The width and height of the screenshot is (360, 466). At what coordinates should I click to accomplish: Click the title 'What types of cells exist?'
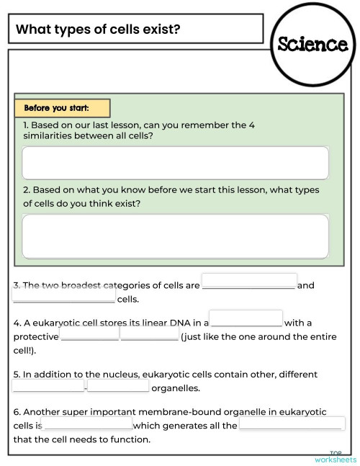tap(98, 30)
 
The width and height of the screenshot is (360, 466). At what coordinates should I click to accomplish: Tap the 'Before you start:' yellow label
tap(62, 108)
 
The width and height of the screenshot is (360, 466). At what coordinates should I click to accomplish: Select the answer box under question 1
tap(175, 163)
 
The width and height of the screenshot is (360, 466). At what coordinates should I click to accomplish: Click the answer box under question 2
tap(175, 236)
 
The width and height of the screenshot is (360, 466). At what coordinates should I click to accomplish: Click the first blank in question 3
tap(249, 281)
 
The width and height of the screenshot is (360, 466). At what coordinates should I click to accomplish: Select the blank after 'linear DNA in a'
tap(246, 318)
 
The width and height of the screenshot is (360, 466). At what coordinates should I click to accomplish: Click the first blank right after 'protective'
tap(90, 334)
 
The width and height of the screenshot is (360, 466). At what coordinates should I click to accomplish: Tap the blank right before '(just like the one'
tap(149, 334)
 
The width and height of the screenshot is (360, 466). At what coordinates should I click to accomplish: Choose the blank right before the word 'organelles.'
tap(118, 386)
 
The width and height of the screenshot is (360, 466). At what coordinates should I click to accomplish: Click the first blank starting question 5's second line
tap(48, 386)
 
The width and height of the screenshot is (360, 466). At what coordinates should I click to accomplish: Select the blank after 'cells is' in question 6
tap(86, 424)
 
